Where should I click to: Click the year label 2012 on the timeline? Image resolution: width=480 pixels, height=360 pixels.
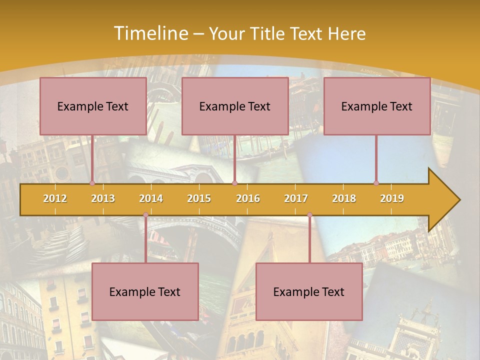[55, 198]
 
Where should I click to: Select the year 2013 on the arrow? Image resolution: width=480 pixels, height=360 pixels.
[103, 198]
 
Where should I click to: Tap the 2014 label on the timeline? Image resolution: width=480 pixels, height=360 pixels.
[151, 198]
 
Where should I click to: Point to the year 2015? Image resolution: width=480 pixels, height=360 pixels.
[199, 198]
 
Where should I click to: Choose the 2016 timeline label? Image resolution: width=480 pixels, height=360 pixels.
[248, 198]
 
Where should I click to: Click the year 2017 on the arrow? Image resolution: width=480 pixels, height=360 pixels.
[296, 198]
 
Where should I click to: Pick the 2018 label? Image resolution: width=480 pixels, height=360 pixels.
[344, 198]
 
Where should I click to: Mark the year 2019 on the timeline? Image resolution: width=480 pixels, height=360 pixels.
[392, 198]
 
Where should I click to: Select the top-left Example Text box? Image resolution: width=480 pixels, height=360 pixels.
[93, 106]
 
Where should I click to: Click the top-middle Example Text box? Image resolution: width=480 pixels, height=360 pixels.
[235, 106]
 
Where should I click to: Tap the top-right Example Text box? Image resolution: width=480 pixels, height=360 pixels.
[377, 106]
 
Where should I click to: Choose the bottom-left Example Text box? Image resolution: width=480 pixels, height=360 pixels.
[145, 291]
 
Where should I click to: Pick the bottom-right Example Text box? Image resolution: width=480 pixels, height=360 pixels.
[309, 291]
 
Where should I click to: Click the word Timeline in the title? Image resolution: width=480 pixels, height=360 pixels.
[149, 33]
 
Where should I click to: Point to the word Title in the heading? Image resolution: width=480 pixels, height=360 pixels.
[268, 33]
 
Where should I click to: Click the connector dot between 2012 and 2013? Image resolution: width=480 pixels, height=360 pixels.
[92, 183]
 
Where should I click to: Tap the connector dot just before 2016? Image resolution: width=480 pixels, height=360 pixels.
[234, 183]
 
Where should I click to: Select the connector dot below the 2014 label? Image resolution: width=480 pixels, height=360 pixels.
[145, 215]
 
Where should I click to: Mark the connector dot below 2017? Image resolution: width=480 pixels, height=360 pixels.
[309, 215]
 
